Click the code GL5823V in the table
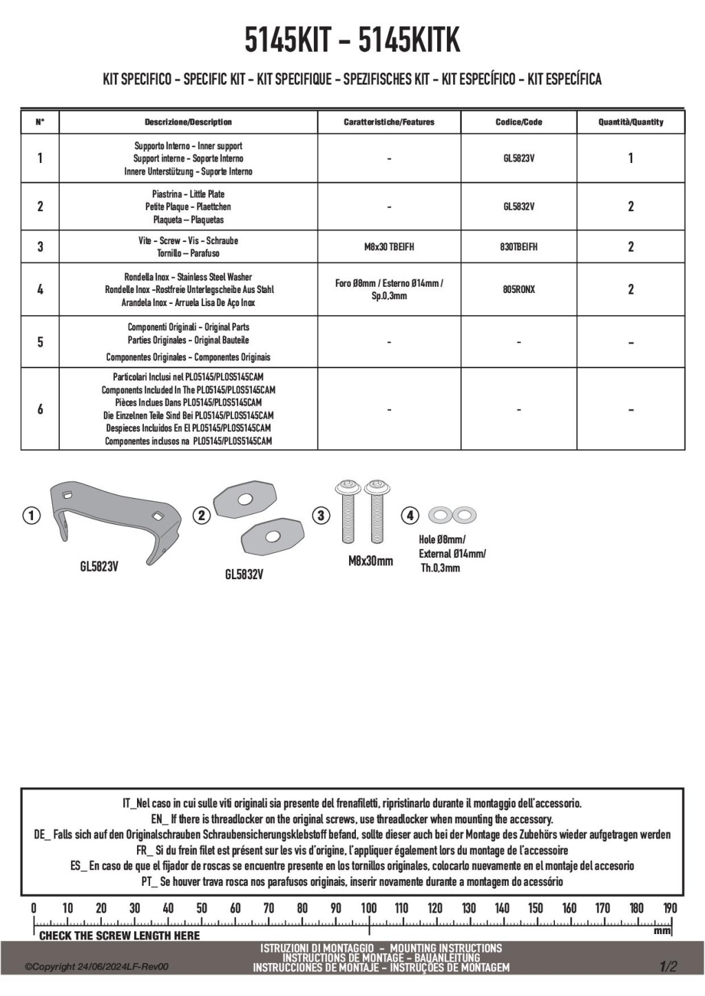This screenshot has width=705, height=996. click(518, 159)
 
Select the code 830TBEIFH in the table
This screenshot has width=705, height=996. click(518, 247)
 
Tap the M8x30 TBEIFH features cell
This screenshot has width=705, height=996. click(389, 247)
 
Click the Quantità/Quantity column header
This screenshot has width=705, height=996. click(631, 122)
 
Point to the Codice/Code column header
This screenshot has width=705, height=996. click(518, 122)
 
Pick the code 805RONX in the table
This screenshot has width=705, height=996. click(518, 290)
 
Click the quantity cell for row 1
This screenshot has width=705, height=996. click(631, 159)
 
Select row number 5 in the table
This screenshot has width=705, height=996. click(40, 342)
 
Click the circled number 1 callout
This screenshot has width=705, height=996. click(31, 515)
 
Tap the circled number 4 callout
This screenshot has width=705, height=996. click(410, 515)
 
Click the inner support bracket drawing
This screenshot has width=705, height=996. click(114, 516)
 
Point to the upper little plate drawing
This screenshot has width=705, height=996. click(244, 501)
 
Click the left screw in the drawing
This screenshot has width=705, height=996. click(344, 512)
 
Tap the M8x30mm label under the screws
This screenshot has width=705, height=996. click(370, 561)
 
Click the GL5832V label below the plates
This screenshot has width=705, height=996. click(244, 574)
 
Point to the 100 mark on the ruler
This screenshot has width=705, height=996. click(369, 908)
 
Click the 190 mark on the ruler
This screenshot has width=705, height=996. click(670, 908)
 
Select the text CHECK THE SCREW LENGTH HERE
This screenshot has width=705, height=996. click(119, 936)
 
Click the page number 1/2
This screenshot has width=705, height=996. click(668, 966)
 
